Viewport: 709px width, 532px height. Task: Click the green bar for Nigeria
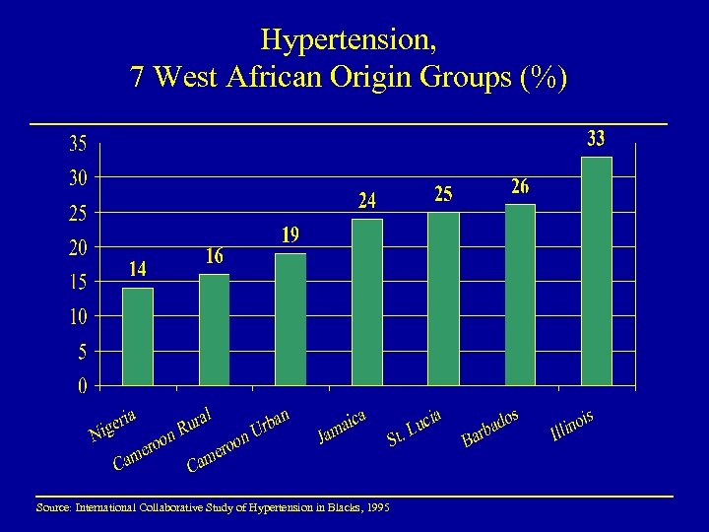tap(138, 336)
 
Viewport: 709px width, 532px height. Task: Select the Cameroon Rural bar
tap(214, 329)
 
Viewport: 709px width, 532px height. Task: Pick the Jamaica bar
tap(366, 301)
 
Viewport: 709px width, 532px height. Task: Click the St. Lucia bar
tap(443, 298)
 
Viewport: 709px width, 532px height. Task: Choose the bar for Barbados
tap(520, 294)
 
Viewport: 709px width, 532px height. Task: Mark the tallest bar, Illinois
tap(596, 270)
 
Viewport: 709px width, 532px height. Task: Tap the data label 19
tap(290, 235)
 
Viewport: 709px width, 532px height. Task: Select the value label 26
tap(520, 186)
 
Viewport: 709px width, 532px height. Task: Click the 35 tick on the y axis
tap(77, 144)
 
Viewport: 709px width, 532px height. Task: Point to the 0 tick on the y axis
tap(83, 385)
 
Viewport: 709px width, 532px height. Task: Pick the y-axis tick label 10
tap(77, 316)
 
